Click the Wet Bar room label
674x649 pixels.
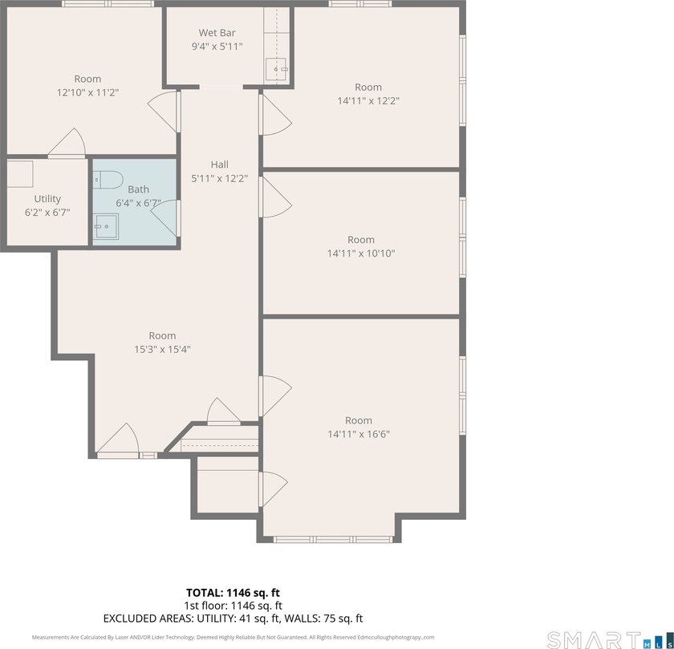pos(217,33)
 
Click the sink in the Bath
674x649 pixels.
pos(104,226)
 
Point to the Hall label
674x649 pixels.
pos(219,164)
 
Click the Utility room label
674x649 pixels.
pos(47,198)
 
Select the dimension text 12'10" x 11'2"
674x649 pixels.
pos(87,93)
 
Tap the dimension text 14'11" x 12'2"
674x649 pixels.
pos(368,101)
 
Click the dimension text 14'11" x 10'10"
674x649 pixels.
pos(361,254)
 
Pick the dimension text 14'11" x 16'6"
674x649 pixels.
pos(359,434)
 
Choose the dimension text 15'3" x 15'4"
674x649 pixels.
pos(161,349)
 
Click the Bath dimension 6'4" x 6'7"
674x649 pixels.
pos(138,203)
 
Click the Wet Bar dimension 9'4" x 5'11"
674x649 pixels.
pos(217,47)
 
